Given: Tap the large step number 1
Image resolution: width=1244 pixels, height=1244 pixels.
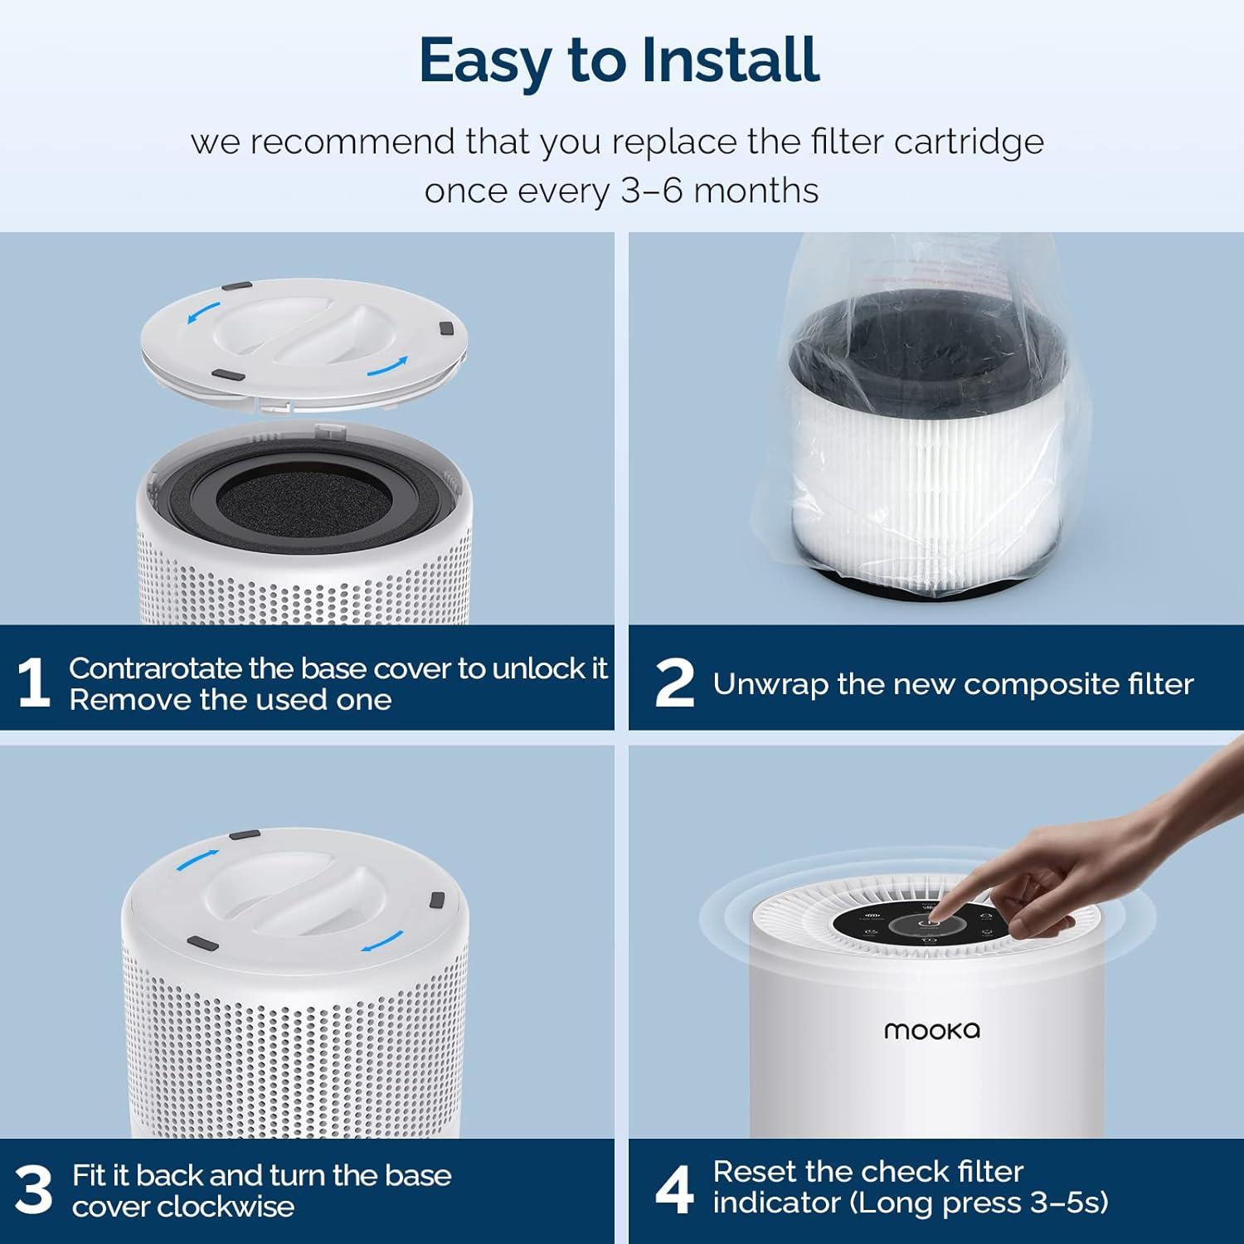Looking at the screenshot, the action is [33, 683].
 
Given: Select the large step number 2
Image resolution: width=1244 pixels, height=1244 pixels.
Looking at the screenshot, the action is [674, 683].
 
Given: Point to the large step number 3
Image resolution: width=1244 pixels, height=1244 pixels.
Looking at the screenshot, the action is [34, 1190].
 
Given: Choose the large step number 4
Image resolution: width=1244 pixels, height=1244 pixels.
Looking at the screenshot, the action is [674, 1189].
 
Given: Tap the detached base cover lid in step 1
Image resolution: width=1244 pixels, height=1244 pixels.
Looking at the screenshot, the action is [304, 344].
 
